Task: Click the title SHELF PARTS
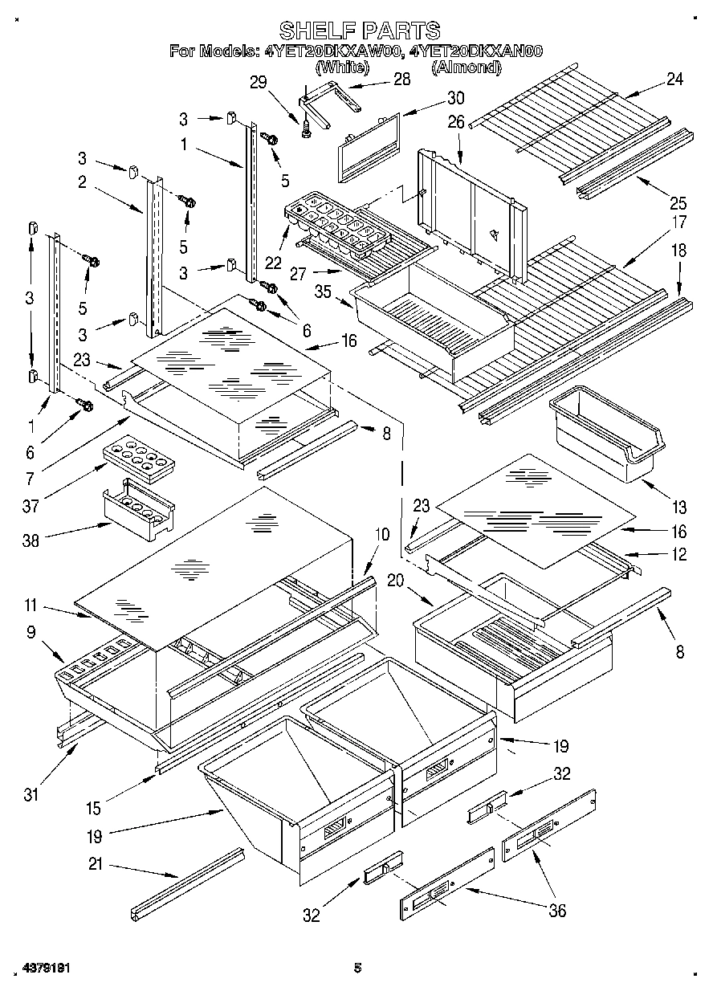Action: point(359,31)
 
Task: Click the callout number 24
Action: point(675,79)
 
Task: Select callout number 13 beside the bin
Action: point(680,507)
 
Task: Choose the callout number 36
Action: point(556,910)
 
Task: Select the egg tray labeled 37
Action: point(138,459)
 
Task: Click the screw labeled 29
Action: point(307,128)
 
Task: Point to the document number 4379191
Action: point(43,969)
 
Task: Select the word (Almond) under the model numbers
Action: point(466,68)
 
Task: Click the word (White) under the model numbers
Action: point(342,68)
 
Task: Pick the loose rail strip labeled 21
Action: point(187,883)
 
